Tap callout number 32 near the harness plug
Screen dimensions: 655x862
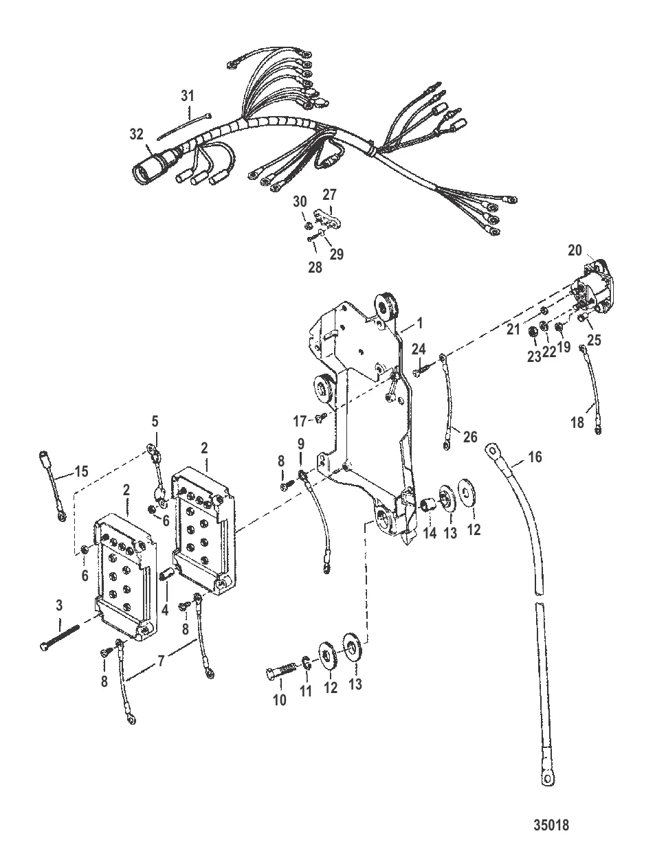tap(136, 135)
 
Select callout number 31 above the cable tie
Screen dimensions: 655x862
tap(188, 95)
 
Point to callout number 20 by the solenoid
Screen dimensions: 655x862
tap(575, 250)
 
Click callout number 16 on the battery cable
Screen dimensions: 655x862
tap(535, 457)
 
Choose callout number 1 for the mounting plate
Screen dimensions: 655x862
tap(420, 324)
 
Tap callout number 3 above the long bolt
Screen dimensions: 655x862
tap(59, 605)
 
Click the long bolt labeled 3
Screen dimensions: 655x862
tap(60, 638)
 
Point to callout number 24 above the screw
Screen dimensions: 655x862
tap(419, 349)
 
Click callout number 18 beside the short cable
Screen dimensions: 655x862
tap(577, 422)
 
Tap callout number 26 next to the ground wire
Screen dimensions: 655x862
tap(470, 437)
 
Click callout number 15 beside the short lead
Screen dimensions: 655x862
tap(82, 471)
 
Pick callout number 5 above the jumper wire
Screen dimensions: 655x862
tap(155, 421)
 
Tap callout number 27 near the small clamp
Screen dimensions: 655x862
tap(330, 194)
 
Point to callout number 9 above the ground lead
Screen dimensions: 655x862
tap(300, 444)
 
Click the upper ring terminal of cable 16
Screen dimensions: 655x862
tap(492, 451)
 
